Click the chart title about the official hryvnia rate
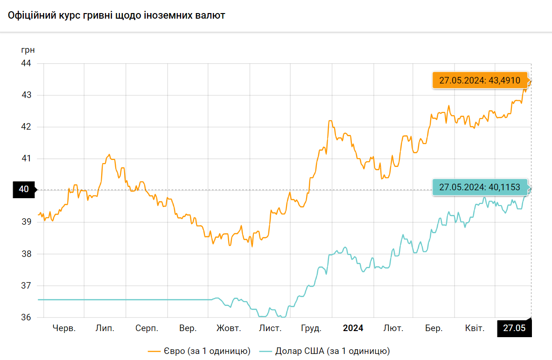[x=117, y=15]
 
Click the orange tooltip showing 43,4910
[x=480, y=80]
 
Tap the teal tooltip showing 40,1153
[x=480, y=187]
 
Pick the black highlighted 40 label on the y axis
[x=24, y=189]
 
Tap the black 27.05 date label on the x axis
[x=514, y=328]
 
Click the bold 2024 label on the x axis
[x=353, y=328]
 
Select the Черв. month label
[x=64, y=328]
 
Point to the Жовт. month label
[x=229, y=328]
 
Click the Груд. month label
[x=311, y=328]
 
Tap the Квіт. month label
[x=475, y=328]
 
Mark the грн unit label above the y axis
[x=28, y=50]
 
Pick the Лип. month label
[x=105, y=328]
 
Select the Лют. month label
[x=393, y=328]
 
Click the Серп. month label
[x=147, y=328]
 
